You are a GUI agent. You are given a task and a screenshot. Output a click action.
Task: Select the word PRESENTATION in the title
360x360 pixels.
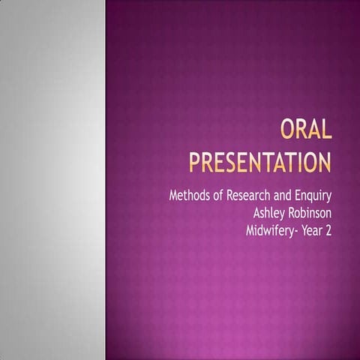pyautogui.click(x=259, y=160)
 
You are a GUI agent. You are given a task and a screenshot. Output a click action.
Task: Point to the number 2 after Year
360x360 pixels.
pyautogui.click(x=328, y=231)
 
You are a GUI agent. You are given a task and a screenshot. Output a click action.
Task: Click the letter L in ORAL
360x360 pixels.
pyautogui.click(x=325, y=133)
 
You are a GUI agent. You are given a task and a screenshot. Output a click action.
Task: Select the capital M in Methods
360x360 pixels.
pyautogui.click(x=175, y=196)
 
